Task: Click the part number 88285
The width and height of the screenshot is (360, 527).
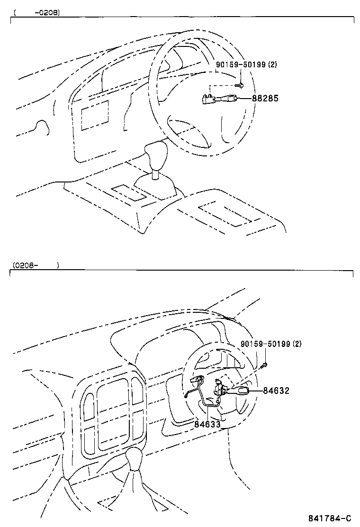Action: point(265,99)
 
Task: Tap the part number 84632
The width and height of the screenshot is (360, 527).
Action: point(276,391)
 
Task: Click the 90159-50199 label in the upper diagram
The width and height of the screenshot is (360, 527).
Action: point(241,64)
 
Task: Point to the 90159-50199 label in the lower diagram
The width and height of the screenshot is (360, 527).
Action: point(265,344)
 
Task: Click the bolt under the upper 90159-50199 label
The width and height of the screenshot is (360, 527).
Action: point(240,85)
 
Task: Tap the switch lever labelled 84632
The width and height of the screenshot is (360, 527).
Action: point(239,391)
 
